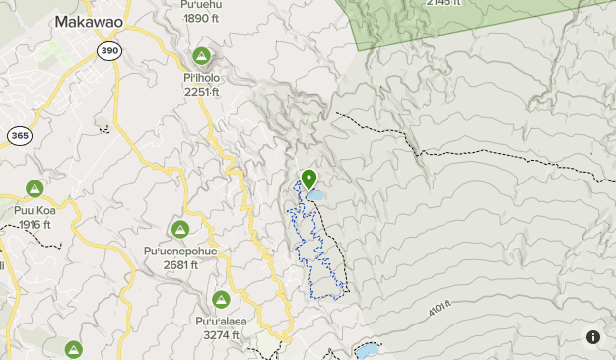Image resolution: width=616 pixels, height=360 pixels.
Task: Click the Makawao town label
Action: coord(89,21)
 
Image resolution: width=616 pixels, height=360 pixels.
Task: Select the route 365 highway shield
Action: coord(19,135)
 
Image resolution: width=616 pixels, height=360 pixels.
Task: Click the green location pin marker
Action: coord(308,179)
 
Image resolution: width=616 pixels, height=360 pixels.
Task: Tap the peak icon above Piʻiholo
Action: coord(202,56)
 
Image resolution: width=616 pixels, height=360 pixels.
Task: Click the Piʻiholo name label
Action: coord(202,77)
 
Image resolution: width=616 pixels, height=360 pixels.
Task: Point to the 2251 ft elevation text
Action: coord(202,92)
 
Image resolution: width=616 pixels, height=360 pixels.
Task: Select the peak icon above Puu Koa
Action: coord(34,188)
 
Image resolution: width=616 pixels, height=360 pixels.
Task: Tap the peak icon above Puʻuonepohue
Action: coord(179,230)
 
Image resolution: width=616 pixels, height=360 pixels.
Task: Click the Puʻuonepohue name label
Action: coord(179,251)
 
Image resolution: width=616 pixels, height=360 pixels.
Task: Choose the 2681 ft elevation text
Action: coord(179,264)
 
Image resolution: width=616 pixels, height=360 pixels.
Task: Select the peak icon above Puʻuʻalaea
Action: coord(221,299)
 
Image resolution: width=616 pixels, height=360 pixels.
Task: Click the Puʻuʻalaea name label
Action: coord(221,321)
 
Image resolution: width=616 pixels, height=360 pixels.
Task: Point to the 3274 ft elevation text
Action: coord(221,335)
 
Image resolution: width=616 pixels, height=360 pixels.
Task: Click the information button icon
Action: coord(592,336)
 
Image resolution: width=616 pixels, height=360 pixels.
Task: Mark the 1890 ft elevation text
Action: coord(200,18)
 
